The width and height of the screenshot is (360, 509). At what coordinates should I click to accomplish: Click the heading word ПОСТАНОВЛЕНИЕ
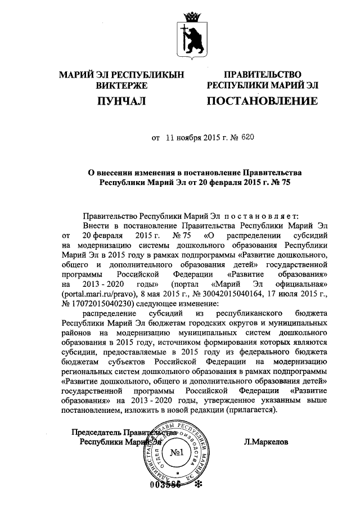tap(263, 101)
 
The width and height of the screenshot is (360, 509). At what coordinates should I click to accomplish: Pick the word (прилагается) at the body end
tap(251, 411)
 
